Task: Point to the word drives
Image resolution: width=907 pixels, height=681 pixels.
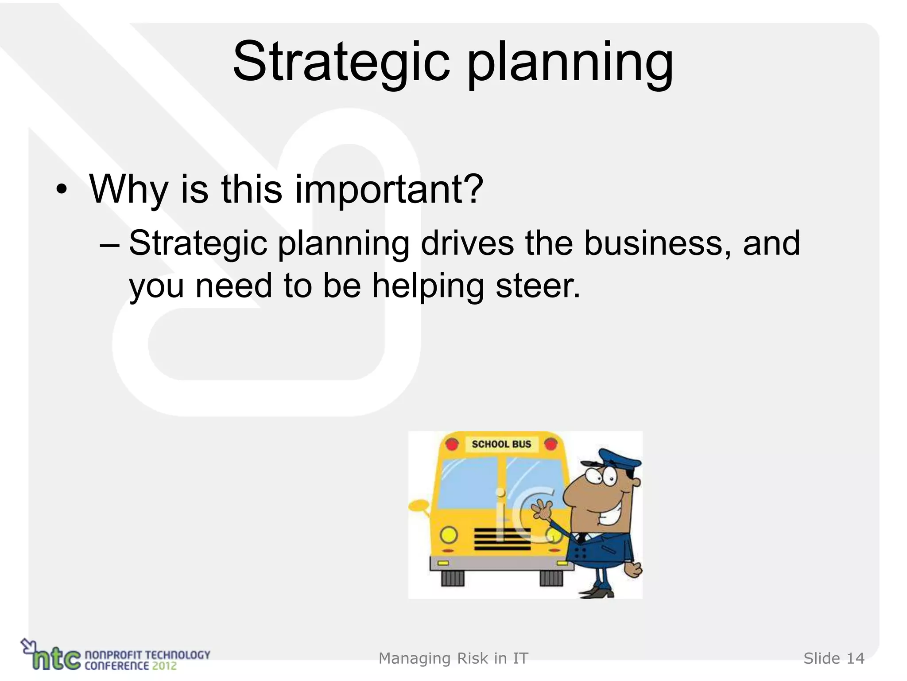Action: tap(467, 244)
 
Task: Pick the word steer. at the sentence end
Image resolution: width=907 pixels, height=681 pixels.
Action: tap(538, 286)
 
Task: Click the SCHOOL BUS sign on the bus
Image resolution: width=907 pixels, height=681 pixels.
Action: tap(501, 444)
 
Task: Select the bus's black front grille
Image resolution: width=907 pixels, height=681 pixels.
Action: tap(502, 539)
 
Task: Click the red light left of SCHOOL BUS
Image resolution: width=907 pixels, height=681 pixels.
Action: tap(452, 444)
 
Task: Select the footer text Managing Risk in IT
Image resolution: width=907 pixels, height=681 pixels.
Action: tap(453, 658)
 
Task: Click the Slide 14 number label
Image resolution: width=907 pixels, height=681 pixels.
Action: tap(833, 658)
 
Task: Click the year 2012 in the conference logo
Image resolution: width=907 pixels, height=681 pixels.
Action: tap(164, 666)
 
